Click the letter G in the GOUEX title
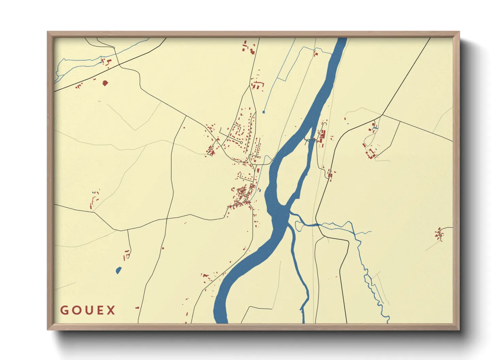[x=64, y=310]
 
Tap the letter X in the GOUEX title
[x=111, y=310]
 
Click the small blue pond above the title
[x=118, y=271]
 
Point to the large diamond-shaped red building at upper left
[x=105, y=83]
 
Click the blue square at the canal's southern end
[x=263, y=112]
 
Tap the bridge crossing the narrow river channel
[x=311, y=140]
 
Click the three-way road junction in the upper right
[x=382, y=115]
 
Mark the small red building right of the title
[x=137, y=308]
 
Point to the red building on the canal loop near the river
[x=315, y=53]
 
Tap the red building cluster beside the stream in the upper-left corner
[x=106, y=62]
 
